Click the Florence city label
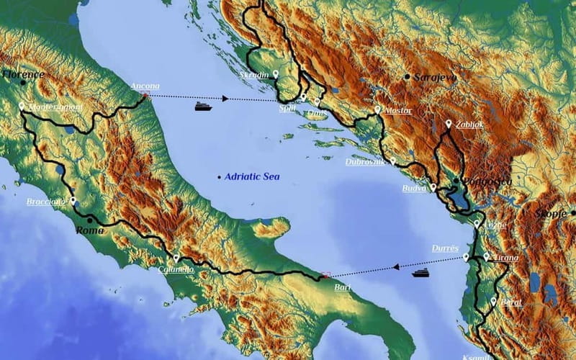coord(24,74)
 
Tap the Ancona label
coord(145,86)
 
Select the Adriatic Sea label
coord(251,176)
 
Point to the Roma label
coord(90,230)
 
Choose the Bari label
coord(343,287)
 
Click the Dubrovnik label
coord(365,162)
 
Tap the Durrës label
coord(445,248)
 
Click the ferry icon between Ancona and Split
coord(203,107)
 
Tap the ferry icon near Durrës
coord(420,272)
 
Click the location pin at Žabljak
coord(449,124)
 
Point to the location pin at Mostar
coord(377,109)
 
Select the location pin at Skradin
coord(276,73)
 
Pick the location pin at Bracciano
coord(73,200)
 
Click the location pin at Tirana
coord(487,256)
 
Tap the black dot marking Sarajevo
coord(408,76)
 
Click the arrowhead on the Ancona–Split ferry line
coord(225,99)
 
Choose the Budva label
coord(415,189)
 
